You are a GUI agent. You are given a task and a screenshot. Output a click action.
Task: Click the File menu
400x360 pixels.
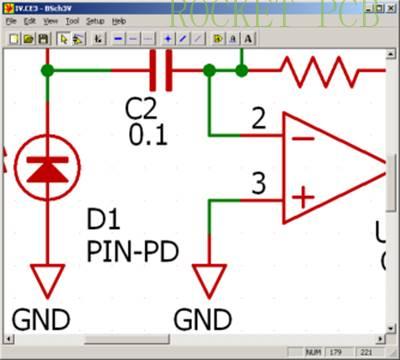coord(11,20)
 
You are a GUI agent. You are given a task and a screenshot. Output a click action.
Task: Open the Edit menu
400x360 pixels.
coord(30,20)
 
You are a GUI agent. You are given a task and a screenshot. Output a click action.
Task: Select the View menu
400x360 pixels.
coord(50,20)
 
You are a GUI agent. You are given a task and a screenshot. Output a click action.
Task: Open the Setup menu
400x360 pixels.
coord(95,20)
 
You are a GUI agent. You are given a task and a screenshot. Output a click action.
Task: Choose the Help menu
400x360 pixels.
coord(119,20)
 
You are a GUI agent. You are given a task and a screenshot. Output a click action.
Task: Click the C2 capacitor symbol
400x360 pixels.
coord(160,71)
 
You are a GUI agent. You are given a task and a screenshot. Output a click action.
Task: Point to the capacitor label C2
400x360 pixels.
coord(145,108)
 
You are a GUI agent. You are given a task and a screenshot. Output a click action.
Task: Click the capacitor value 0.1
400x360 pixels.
coord(148,132)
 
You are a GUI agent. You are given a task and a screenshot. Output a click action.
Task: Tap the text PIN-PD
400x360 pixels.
coord(131,249)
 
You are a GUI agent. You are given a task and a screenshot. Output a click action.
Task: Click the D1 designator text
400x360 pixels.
coord(103,219)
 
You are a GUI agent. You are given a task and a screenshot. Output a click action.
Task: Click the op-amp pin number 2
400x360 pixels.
coord(258,120)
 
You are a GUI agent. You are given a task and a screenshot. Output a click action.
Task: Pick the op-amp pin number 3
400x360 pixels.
coord(258,184)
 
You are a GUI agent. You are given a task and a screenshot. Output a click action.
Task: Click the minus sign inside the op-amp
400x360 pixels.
coord(301,137)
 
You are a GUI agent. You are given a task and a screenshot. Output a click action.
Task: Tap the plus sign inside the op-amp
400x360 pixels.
coord(301,199)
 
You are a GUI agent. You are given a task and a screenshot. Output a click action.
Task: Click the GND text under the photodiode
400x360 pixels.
coord(41,319)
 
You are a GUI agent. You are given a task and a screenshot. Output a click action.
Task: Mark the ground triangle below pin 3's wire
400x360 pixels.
coord(210,279)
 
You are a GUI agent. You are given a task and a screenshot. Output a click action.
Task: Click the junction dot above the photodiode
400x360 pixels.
coord(47,71)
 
